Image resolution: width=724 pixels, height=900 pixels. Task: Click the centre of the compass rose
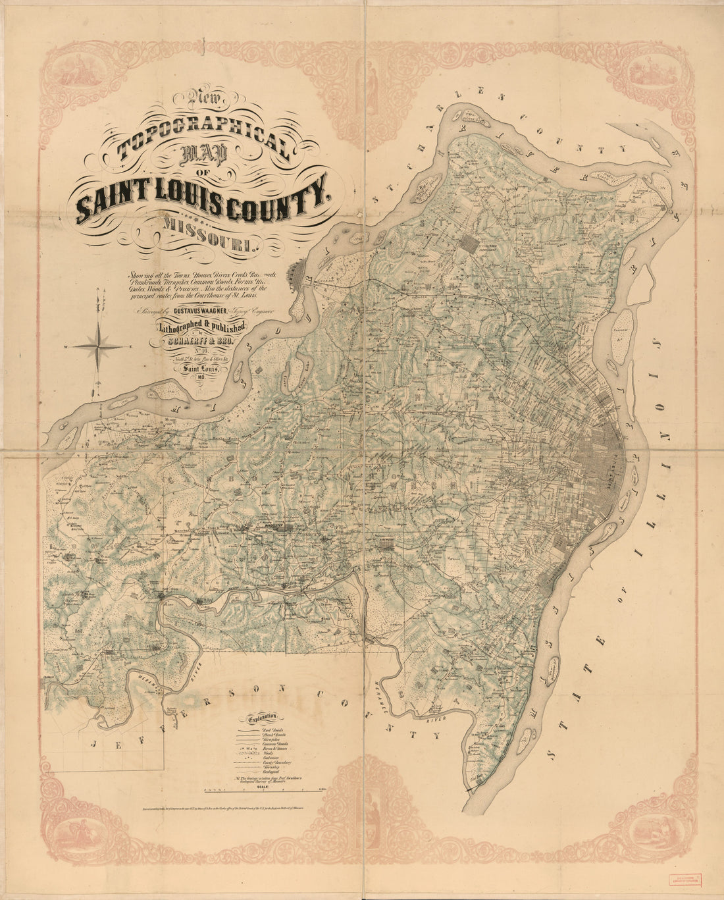(x=98, y=345)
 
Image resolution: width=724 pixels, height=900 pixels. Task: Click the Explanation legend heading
(x=263, y=719)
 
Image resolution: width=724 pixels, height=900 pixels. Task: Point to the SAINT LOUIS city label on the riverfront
(x=617, y=467)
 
